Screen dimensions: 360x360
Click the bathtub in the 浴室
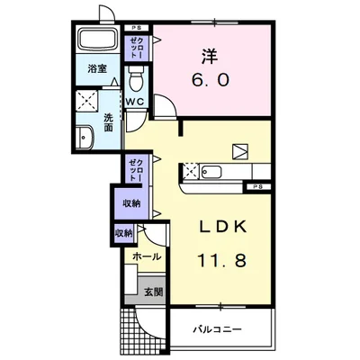pyautogui.click(x=97, y=39)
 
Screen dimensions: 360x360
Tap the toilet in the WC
pyautogui.click(x=137, y=79)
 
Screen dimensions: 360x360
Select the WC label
pyautogui.click(x=135, y=102)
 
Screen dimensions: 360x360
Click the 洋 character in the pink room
pyautogui.click(x=210, y=56)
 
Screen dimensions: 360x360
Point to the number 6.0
pyautogui.click(x=211, y=80)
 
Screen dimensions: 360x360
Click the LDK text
pyautogui.click(x=223, y=227)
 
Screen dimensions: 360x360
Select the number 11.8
pyautogui.click(x=222, y=260)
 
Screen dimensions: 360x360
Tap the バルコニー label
pyautogui.click(x=217, y=330)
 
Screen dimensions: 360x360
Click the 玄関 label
pyautogui.click(x=154, y=292)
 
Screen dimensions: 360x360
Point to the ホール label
pyautogui.click(x=147, y=256)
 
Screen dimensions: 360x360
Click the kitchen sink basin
pyautogui.click(x=211, y=172)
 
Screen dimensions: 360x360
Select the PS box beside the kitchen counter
pyautogui.click(x=257, y=186)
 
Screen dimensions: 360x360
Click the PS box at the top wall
pyautogui.click(x=137, y=28)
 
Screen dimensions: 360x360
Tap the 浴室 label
pyautogui.click(x=97, y=69)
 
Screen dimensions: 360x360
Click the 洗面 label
pyautogui.click(x=108, y=122)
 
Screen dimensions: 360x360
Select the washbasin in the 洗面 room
pyautogui.click(x=85, y=138)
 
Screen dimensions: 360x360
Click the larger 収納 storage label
pyautogui.click(x=131, y=203)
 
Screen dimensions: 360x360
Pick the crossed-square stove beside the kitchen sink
pyautogui.click(x=191, y=172)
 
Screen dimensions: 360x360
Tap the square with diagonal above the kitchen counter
pyautogui.click(x=240, y=151)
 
